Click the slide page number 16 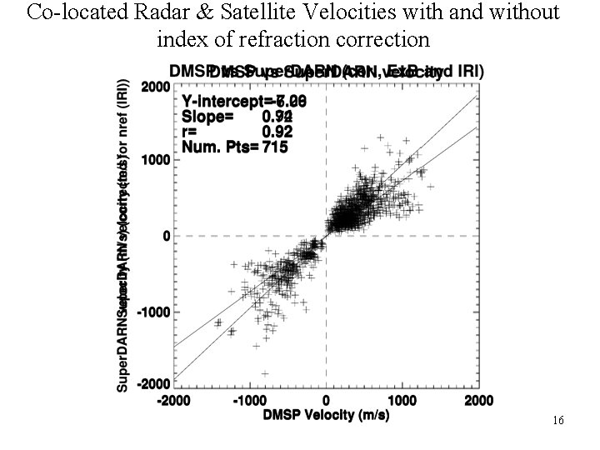[x=558, y=421]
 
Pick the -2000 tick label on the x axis [x=177, y=401]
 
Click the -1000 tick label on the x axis [x=250, y=401]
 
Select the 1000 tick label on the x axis [x=402, y=401]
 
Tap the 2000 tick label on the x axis [x=477, y=401]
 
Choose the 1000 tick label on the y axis [x=156, y=159]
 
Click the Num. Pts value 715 [x=276, y=147]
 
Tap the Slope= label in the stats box [x=207, y=117]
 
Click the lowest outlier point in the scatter [x=265, y=373]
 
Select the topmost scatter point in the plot [x=381, y=137]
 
